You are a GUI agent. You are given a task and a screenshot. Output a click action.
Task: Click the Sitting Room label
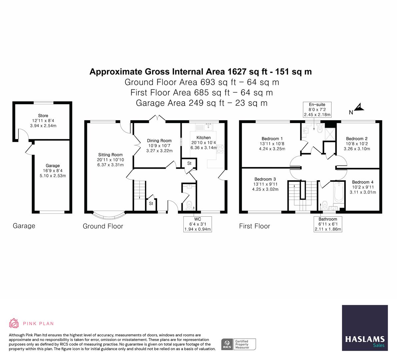pyautogui.click(x=110, y=155)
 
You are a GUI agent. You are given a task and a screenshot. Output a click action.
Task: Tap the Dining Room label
pyautogui.click(x=159, y=141)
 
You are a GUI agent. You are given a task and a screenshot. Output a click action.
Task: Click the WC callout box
pyautogui.click(x=198, y=224)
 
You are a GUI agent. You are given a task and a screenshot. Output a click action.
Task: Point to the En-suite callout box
pyautogui.click(x=317, y=110)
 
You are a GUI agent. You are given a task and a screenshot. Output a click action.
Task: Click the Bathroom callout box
pyautogui.click(x=328, y=224)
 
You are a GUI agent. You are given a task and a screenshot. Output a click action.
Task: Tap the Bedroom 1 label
pyautogui.click(x=272, y=139)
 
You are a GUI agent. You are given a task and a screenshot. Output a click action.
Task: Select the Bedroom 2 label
pyautogui.click(x=357, y=139)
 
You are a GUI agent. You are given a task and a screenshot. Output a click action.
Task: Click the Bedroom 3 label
pyautogui.click(x=265, y=179)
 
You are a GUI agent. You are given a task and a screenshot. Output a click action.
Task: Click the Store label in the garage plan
pyautogui.click(x=43, y=116)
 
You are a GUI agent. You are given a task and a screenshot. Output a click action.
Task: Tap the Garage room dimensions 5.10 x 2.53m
pyautogui.click(x=53, y=175)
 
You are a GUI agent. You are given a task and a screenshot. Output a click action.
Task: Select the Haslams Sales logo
pyautogui.click(x=365, y=328)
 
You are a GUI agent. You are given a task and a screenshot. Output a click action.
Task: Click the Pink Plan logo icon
pyautogui.click(x=14, y=323)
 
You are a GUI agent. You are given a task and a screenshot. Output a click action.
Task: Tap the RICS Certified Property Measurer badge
pyautogui.click(x=239, y=344)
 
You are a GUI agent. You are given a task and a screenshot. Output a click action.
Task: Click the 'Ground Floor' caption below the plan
pyautogui.click(x=103, y=226)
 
